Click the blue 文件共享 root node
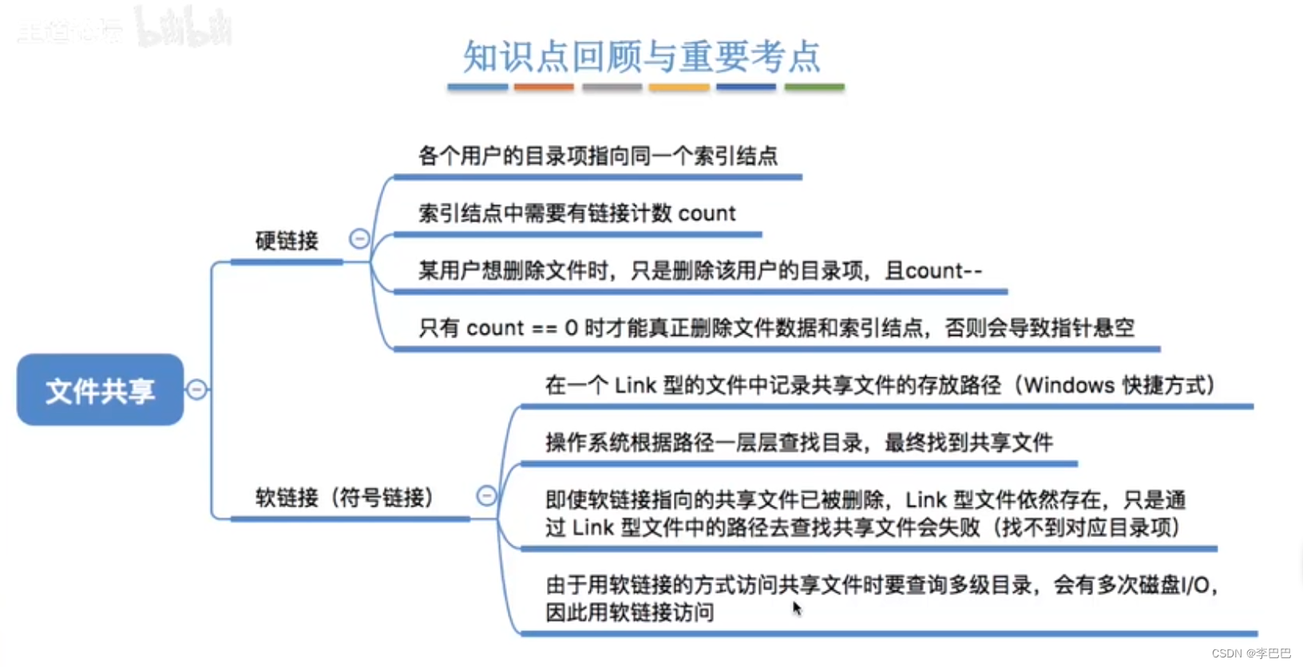tap(100, 390)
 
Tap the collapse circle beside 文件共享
tap(196, 389)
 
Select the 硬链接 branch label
tap(287, 240)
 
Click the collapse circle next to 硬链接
tap(359, 239)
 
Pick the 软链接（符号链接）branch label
tap(344, 498)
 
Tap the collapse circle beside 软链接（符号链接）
tap(486, 495)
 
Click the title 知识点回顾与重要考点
tap(642, 57)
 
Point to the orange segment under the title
tap(544, 87)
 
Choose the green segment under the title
tap(814, 87)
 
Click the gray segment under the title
tap(612, 87)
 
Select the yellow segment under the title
tap(679, 87)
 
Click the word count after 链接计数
tap(707, 214)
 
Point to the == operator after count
tap(545, 329)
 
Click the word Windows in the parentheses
tap(1070, 385)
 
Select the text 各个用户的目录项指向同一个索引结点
tap(598, 156)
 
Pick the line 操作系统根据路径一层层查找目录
tap(798, 442)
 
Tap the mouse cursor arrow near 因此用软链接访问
tap(796, 608)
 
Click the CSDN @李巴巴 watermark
tap(1251, 653)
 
